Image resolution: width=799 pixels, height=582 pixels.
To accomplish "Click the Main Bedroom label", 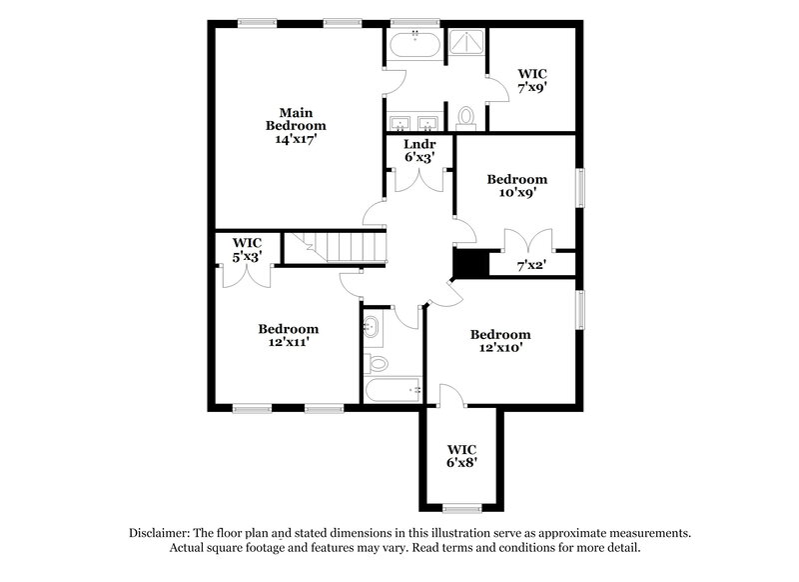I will pyautogui.click(x=296, y=119).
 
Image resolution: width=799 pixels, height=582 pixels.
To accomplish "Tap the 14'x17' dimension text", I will pyautogui.click(x=296, y=140).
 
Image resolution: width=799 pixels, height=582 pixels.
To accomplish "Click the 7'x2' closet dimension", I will pyautogui.click(x=530, y=266).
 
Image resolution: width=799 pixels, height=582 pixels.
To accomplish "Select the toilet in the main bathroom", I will pyautogui.click(x=466, y=117).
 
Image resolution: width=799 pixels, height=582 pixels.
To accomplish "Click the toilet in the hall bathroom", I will pyautogui.click(x=376, y=361).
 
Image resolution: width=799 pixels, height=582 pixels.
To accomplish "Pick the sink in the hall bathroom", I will pyautogui.click(x=372, y=324).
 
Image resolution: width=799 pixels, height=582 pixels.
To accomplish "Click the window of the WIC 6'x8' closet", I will pyautogui.click(x=461, y=508).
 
